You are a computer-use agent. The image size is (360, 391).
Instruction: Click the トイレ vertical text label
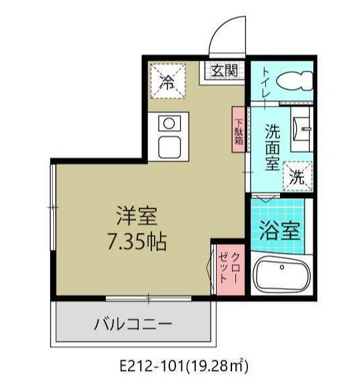click(265, 84)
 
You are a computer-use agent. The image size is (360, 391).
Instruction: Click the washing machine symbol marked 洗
click(297, 177)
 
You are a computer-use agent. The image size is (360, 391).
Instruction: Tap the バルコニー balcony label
click(133, 326)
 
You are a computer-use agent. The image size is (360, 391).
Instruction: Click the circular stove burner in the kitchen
click(169, 123)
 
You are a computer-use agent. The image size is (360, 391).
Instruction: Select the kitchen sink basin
click(169, 145)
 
